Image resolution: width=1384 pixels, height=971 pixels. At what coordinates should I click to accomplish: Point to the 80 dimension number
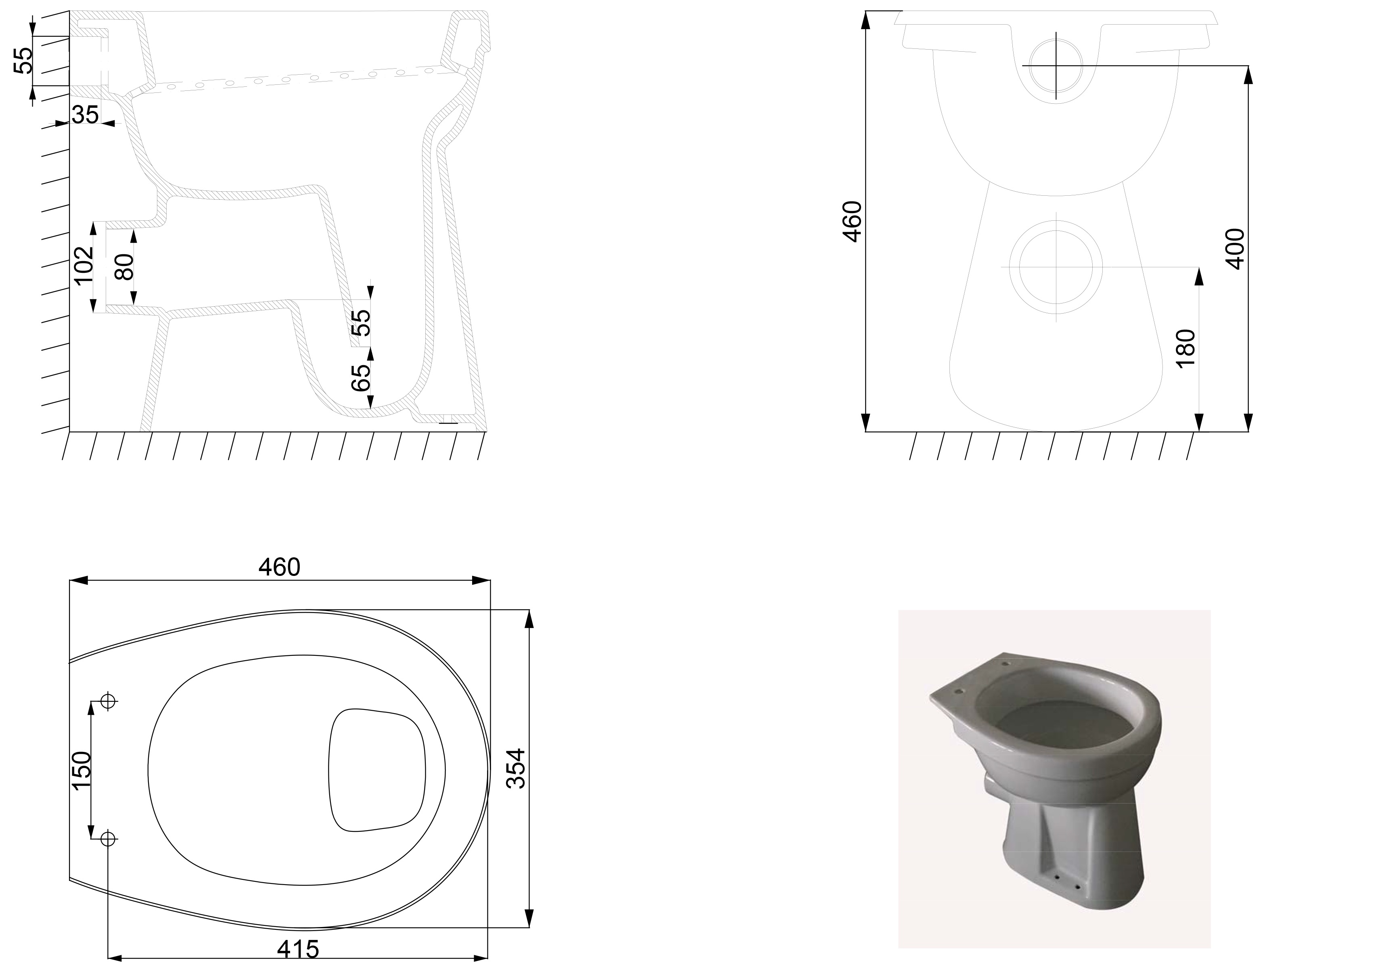124,266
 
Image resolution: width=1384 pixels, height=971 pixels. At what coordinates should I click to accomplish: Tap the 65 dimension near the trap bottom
361,378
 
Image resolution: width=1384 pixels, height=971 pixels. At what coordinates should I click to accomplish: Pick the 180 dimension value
1185,348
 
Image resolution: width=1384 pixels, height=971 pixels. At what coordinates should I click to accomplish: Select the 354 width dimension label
516,768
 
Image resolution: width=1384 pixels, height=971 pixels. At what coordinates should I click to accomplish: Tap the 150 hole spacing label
81,770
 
